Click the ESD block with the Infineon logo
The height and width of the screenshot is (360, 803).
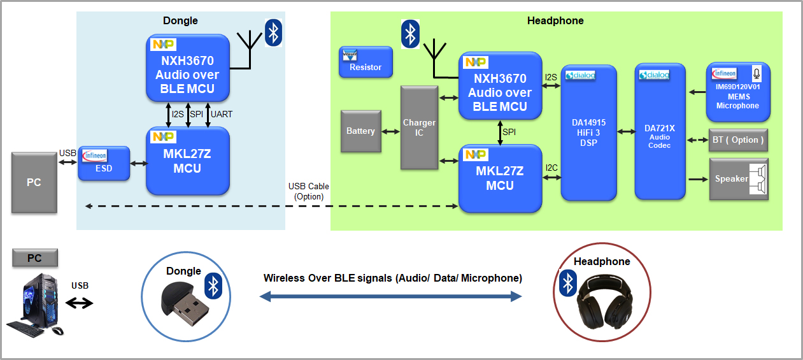tap(104, 164)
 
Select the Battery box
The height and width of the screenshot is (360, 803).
tap(361, 131)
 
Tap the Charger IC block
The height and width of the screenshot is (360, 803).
tap(420, 127)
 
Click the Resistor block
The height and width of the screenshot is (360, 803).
tap(366, 62)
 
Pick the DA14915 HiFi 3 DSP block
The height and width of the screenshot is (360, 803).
tap(588, 132)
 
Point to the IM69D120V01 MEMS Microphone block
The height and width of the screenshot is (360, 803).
tap(737, 92)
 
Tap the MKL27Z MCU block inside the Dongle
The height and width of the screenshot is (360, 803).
tap(187, 161)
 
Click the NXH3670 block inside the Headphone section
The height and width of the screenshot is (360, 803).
tap(501, 85)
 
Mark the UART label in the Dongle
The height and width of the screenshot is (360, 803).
tap(222, 114)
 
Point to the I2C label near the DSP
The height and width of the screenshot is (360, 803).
tap(551, 168)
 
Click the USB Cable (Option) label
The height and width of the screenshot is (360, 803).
tap(309, 191)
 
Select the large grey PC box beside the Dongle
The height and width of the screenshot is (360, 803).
tap(34, 182)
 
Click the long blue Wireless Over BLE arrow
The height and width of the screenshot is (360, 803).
tap(390, 296)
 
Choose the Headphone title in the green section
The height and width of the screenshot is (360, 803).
tap(555, 20)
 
